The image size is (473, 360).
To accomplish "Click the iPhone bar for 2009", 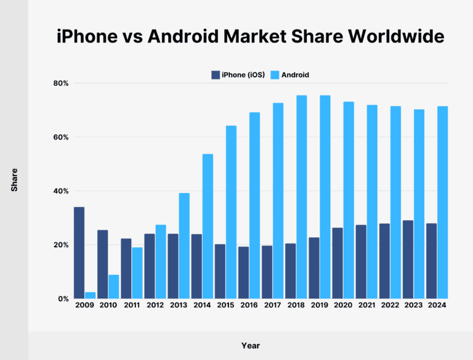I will [x=79, y=253].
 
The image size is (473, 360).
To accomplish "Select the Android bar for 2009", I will [x=91, y=295].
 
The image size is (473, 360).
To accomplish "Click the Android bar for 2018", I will [x=302, y=197].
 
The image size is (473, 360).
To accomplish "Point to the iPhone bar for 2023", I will [x=408, y=260].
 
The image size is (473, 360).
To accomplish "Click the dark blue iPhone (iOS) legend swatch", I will [x=216, y=75].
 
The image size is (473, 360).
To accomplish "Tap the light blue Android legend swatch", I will [x=275, y=75].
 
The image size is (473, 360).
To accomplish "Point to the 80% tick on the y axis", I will [x=60, y=83].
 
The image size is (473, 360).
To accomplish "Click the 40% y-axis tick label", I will [x=60, y=191].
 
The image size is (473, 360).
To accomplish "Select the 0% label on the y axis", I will [x=63, y=299].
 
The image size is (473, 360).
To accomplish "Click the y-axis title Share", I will [x=14, y=179].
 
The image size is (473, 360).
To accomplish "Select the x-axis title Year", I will [x=251, y=346].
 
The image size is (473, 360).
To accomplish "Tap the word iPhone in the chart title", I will [x=85, y=37].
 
